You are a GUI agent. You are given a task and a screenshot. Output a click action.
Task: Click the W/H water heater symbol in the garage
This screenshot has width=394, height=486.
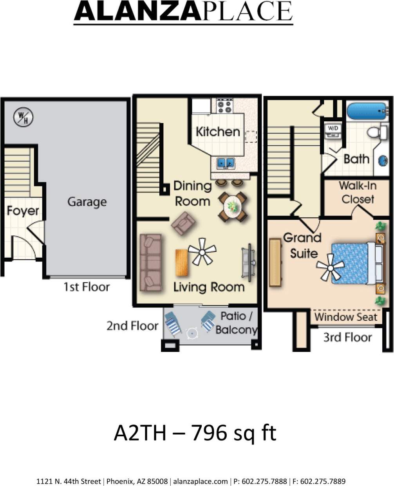pos(23,117)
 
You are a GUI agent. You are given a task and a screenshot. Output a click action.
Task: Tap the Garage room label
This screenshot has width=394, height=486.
pos(87,202)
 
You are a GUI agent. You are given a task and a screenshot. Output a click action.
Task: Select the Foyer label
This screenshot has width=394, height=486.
pos(23,211)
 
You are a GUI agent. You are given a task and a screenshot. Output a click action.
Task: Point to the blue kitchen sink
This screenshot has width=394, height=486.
pos(225,163)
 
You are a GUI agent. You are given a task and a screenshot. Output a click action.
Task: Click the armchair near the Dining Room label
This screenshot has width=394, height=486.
pos(183,223)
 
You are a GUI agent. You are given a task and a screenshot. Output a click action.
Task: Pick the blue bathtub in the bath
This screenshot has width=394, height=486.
pos(367,111)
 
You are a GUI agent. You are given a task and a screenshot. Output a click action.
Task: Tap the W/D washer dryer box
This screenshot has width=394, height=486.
pos(333,130)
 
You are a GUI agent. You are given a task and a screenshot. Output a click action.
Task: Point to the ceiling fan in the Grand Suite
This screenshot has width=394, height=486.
pos(330,268)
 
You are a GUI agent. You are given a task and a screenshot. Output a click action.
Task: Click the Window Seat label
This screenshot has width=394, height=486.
pos(345,317)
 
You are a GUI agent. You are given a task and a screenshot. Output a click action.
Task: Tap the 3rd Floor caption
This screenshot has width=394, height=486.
pos(347,337)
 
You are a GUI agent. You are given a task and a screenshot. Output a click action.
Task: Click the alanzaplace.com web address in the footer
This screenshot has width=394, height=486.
pos(200,481)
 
